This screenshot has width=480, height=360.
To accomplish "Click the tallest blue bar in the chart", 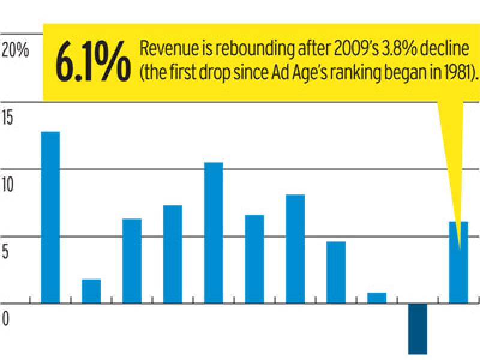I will (50, 217).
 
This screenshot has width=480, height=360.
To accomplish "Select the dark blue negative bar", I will (418, 328).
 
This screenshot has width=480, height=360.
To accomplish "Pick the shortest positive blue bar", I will (377, 298).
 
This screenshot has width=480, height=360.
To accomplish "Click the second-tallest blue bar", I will (214, 232).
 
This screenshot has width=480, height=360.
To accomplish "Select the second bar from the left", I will (91, 291).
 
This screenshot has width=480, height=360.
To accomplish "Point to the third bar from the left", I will (132, 260).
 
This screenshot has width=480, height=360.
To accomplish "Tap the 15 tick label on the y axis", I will (8, 117).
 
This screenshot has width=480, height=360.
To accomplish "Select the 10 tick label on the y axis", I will (9, 184).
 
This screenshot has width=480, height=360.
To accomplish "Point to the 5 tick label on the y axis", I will (5, 251).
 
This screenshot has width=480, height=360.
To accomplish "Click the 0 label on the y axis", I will (5, 319).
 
